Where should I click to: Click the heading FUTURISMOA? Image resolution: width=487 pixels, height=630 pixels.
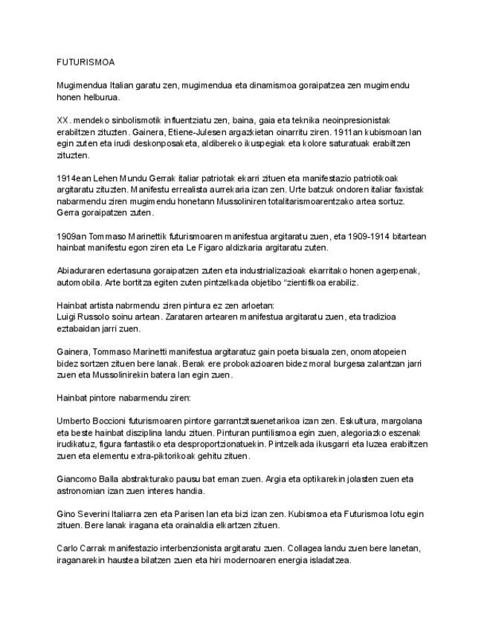click(x=86, y=62)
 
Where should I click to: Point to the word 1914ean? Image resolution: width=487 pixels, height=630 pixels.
click(x=74, y=178)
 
